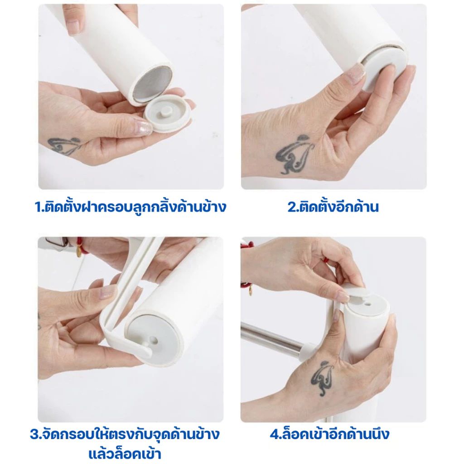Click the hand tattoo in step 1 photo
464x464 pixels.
click(64, 146)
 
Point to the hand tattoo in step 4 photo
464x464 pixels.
click(322, 379)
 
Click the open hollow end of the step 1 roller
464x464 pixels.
click(153, 85)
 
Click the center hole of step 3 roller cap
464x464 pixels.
click(154, 339)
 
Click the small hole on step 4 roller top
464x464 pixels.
click(367, 304)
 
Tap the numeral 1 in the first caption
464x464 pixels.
click(39, 207)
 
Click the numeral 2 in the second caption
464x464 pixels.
click(292, 207)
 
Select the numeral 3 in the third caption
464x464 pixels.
click(34, 435)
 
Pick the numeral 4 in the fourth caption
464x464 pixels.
click(275, 435)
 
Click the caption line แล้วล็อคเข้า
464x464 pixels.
click(124, 453)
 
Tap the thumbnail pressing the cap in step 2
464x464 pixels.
click(356, 73)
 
